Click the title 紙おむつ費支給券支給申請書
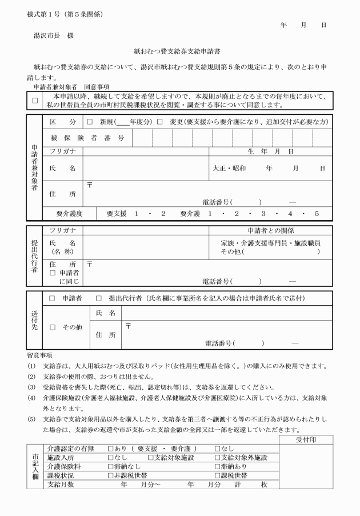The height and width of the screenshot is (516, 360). (179, 51)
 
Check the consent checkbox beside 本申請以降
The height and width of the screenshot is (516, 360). (35, 101)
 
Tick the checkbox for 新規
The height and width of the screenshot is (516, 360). (90, 122)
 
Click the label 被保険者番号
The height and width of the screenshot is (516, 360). (87, 138)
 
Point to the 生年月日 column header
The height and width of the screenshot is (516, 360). (270, 151)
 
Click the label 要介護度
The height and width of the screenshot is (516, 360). (69, 214)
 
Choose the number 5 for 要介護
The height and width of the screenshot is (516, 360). (316, 214)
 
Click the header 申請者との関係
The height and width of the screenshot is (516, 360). (270, 230)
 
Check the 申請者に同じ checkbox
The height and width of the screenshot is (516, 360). (53, 273)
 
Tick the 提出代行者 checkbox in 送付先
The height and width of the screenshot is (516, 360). (99, 298)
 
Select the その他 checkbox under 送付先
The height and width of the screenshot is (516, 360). (53, 327)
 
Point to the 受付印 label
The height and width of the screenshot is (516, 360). (306, 439)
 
